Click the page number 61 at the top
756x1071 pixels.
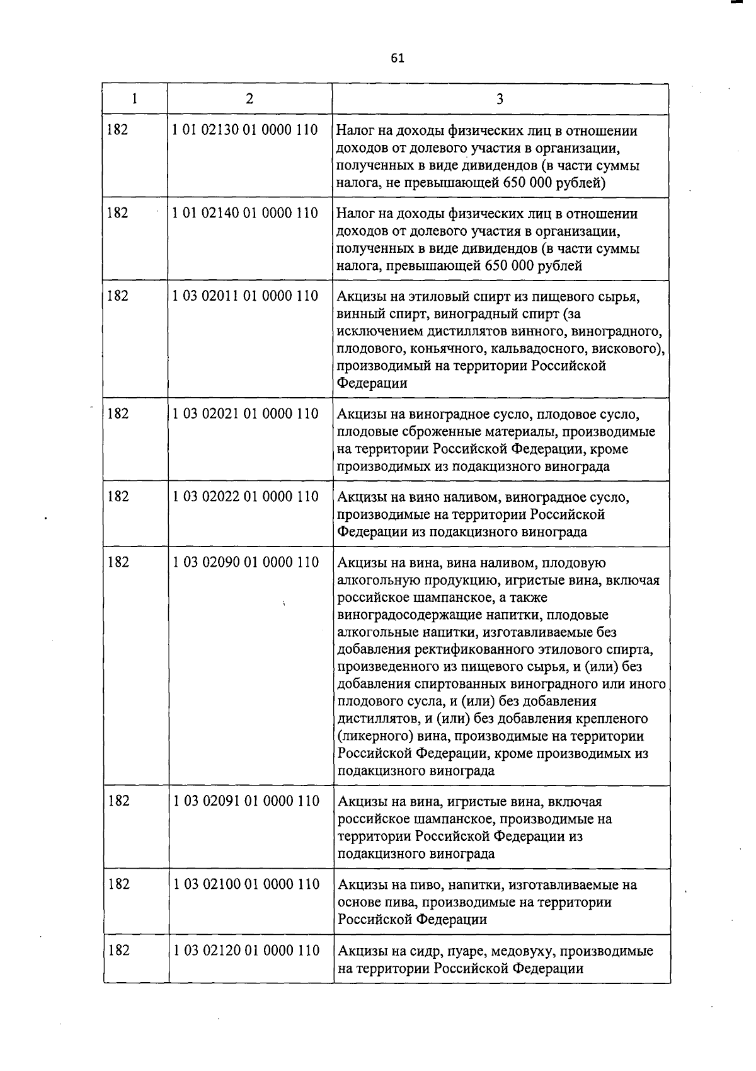(x=397, y=59)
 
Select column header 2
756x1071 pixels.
(x=249, y=98)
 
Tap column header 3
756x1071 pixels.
(x=500, y=99)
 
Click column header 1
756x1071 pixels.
(x=134, y=98)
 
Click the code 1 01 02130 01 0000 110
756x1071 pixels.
(x=245, y=130)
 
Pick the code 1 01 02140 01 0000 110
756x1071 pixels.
(x=245, y=213)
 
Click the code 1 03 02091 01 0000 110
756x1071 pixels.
(x=246, y=801)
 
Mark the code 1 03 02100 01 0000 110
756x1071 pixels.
(x=246, y=884)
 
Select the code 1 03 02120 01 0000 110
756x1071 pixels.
(x=246, y=950)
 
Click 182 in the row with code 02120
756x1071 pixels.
(x=118, y=950)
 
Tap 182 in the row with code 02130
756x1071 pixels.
(x=117, y=130)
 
